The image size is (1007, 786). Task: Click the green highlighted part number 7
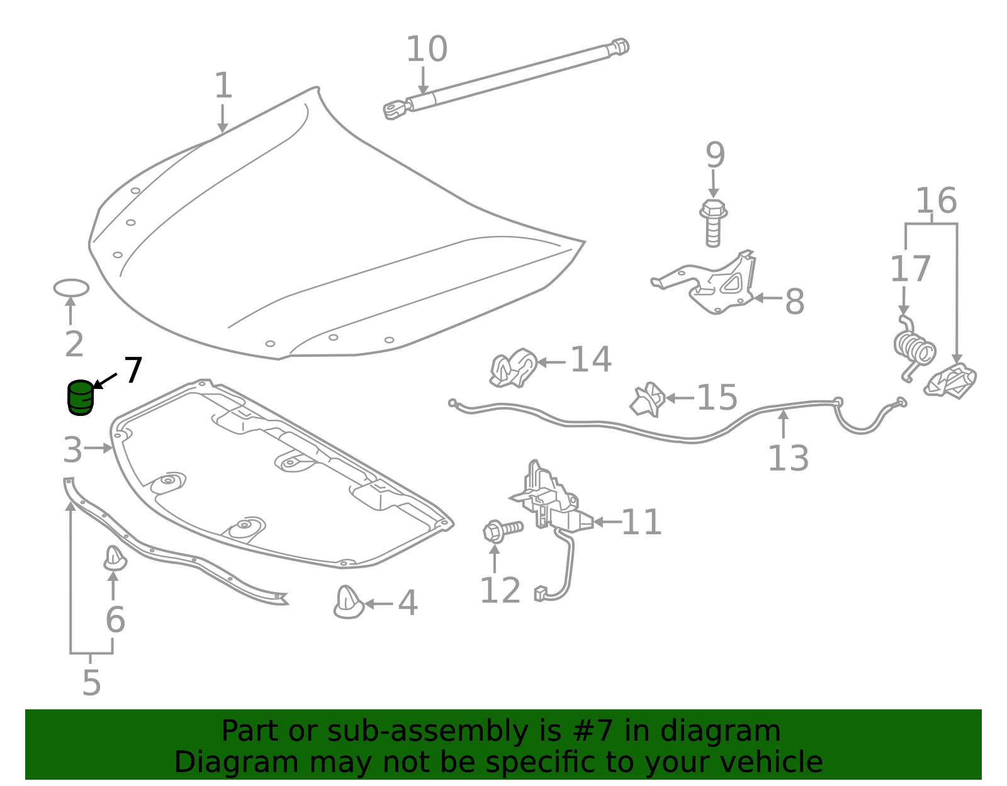(81, 397)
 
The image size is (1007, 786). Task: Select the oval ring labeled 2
(71, 288)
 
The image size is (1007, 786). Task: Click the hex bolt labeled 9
(713, 223)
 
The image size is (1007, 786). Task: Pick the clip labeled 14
(514, 368)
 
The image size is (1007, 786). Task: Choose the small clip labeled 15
(648, 399)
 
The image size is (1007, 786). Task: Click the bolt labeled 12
(502, 531)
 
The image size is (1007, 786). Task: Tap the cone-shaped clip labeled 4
(349, 602)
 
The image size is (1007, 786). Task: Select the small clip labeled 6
(115, 558)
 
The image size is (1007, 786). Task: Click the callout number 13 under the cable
(788, 459)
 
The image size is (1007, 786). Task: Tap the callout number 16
(936, 201)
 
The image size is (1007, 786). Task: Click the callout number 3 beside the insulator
(73, 449)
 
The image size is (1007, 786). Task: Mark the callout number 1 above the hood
(223, 85)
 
